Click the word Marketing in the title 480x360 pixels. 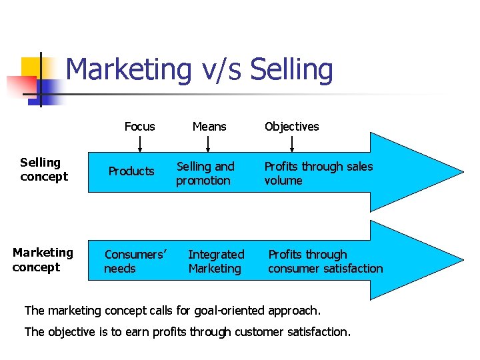[x=129, y=70]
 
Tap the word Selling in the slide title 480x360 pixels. [x=291, y=70]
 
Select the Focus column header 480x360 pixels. [x=139, y=127]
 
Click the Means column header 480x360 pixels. [x=209, y=127]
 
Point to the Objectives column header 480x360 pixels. [x=291, y=127]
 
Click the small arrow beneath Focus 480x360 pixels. [x=140, y=144]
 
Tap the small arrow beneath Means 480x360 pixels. [x=209, y=144]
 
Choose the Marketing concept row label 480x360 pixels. [x=43, y=260]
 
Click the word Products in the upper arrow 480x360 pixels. [x=131, y=171]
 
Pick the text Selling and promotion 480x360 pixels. [x=205, y=173]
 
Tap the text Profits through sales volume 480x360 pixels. [x=318, y=173]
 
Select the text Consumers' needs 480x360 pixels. [x=135, y=261]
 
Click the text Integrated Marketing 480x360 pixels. [x=216, y=261]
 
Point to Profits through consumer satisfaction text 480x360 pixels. [x=325, y=261]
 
